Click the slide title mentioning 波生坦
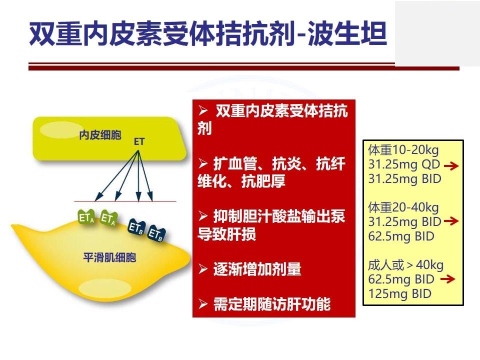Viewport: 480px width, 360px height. pos(208,33)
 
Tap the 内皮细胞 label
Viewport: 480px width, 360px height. pos(100,135)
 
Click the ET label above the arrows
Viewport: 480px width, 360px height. pos(139,141)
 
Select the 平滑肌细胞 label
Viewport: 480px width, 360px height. pos(109,257)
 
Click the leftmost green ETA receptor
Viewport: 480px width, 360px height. pos(86,217)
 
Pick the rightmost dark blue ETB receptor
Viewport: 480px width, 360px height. pos(156,234)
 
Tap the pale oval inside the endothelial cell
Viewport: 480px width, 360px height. pos(61,129)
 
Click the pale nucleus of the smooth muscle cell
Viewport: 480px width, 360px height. pos(105,288)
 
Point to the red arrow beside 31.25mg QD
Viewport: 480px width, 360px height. pos(451,166)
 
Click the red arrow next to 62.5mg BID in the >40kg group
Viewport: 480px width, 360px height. pos(447,279)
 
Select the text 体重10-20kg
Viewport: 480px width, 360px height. pos(403,150)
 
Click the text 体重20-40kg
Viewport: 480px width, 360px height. pos(403,207)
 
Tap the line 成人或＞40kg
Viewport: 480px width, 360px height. pos(405,265)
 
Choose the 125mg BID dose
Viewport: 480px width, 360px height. pos(400,294)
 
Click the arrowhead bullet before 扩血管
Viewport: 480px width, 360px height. pos(203,164)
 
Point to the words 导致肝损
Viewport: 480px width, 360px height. pos(226,234)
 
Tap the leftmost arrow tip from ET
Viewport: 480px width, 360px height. pos(95,200)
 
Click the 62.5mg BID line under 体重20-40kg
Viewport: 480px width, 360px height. pos(401,236)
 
